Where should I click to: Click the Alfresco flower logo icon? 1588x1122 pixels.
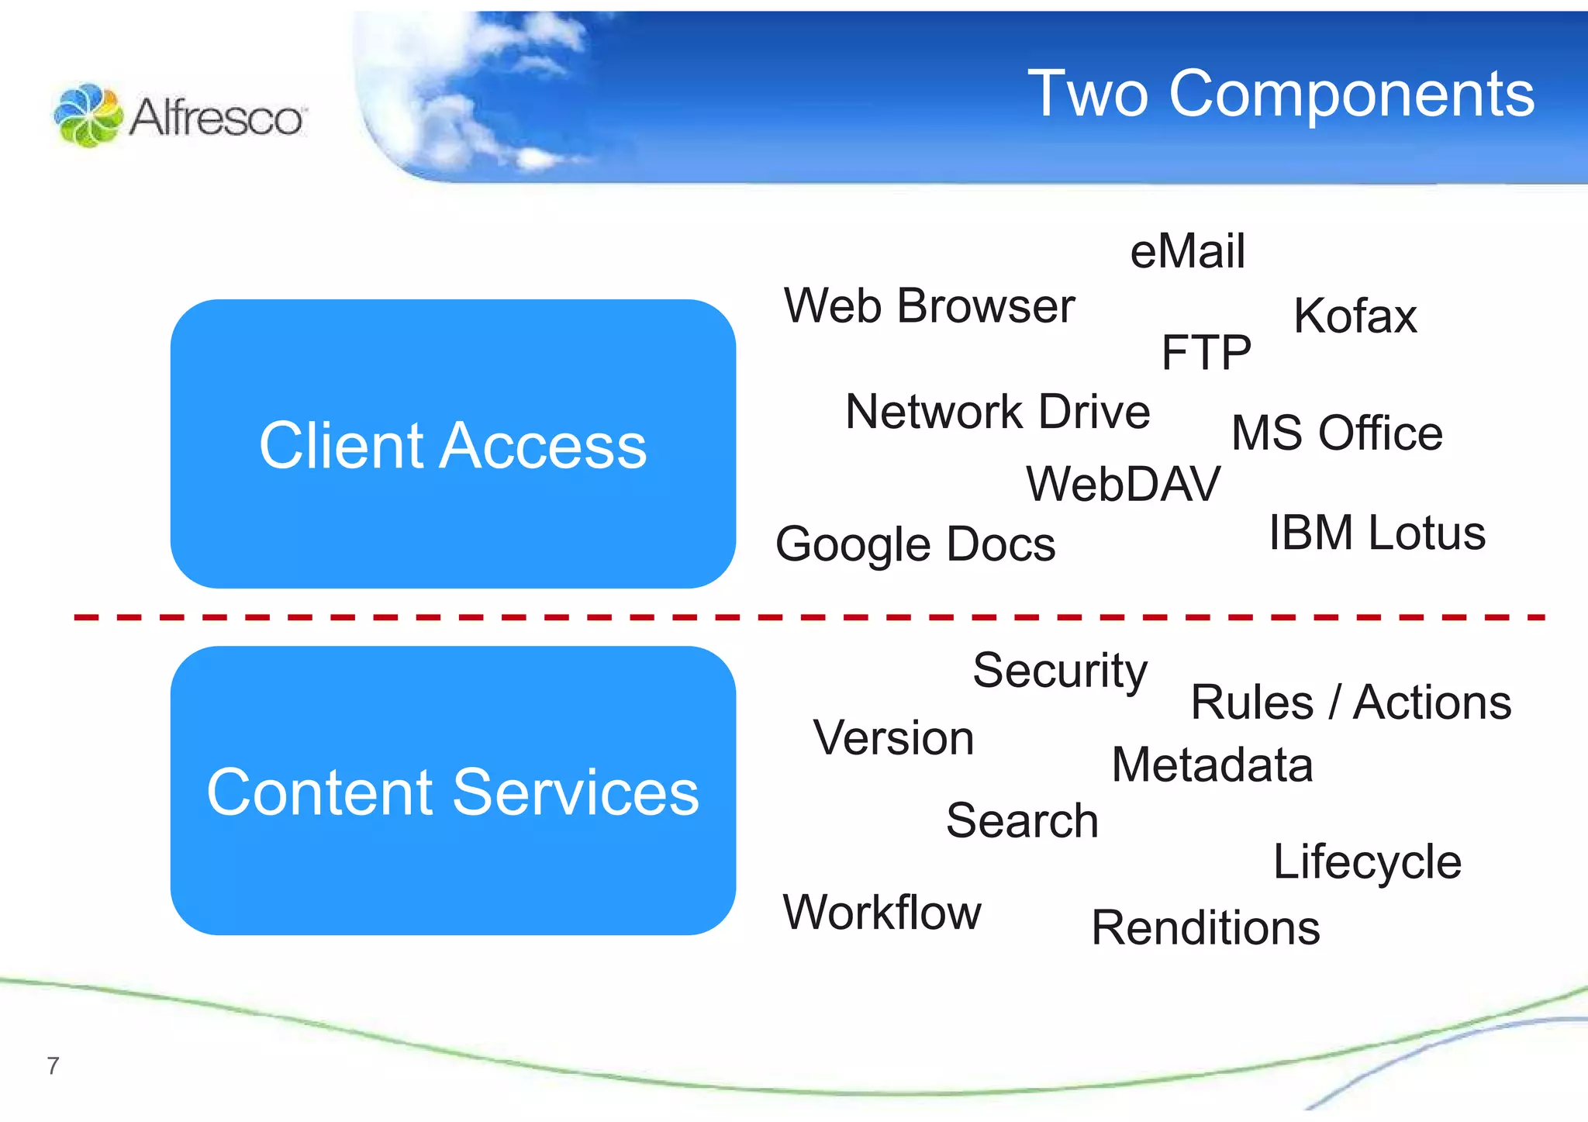(88, 116)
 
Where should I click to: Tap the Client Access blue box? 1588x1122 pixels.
(453, 444)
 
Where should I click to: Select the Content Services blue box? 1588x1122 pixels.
(453, 791)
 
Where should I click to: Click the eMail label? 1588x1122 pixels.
(1187, 251)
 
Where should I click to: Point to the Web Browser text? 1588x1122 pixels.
(929, 306)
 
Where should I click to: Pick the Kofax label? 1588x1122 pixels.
(1355, 316)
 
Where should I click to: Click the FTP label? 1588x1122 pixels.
(1206, 353)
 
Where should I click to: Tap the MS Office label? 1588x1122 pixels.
(1337, 433)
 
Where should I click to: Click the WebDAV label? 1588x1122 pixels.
(1123, 484)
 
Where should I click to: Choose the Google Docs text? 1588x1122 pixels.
(915, 544)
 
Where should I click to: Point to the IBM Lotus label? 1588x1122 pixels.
(1376, 533)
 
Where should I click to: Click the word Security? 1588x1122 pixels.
(1059, 671)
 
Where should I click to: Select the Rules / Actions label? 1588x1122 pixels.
(1350, 703)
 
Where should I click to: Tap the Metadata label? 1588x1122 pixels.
(1212, 765)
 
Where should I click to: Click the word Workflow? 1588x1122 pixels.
(882, 912)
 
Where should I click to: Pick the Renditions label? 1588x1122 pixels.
(1205, 927)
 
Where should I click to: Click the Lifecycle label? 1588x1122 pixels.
(1367, 861)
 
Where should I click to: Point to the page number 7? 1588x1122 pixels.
(53, 1066)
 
